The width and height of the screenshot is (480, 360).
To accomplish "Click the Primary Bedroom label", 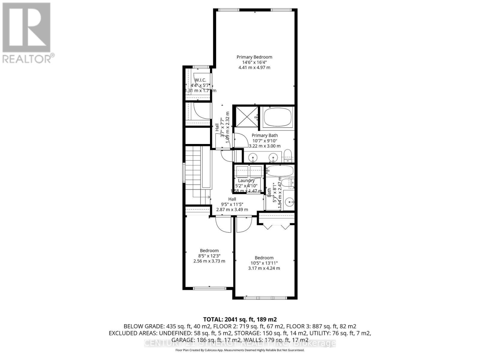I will click(254, 57).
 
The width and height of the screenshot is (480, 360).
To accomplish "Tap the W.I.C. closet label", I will click(200, 80).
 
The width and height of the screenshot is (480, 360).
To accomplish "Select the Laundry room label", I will click(246, 181).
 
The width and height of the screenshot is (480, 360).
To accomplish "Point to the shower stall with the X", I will click(246, 117).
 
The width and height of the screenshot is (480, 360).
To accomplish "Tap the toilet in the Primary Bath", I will click(287, 156).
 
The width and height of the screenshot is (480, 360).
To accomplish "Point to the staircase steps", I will click(192, 171).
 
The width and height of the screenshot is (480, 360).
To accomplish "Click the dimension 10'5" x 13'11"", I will click(264, 263).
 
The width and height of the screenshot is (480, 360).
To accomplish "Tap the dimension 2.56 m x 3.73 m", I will click(209, 261).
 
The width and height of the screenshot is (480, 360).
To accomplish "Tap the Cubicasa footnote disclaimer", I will click(240, 350).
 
